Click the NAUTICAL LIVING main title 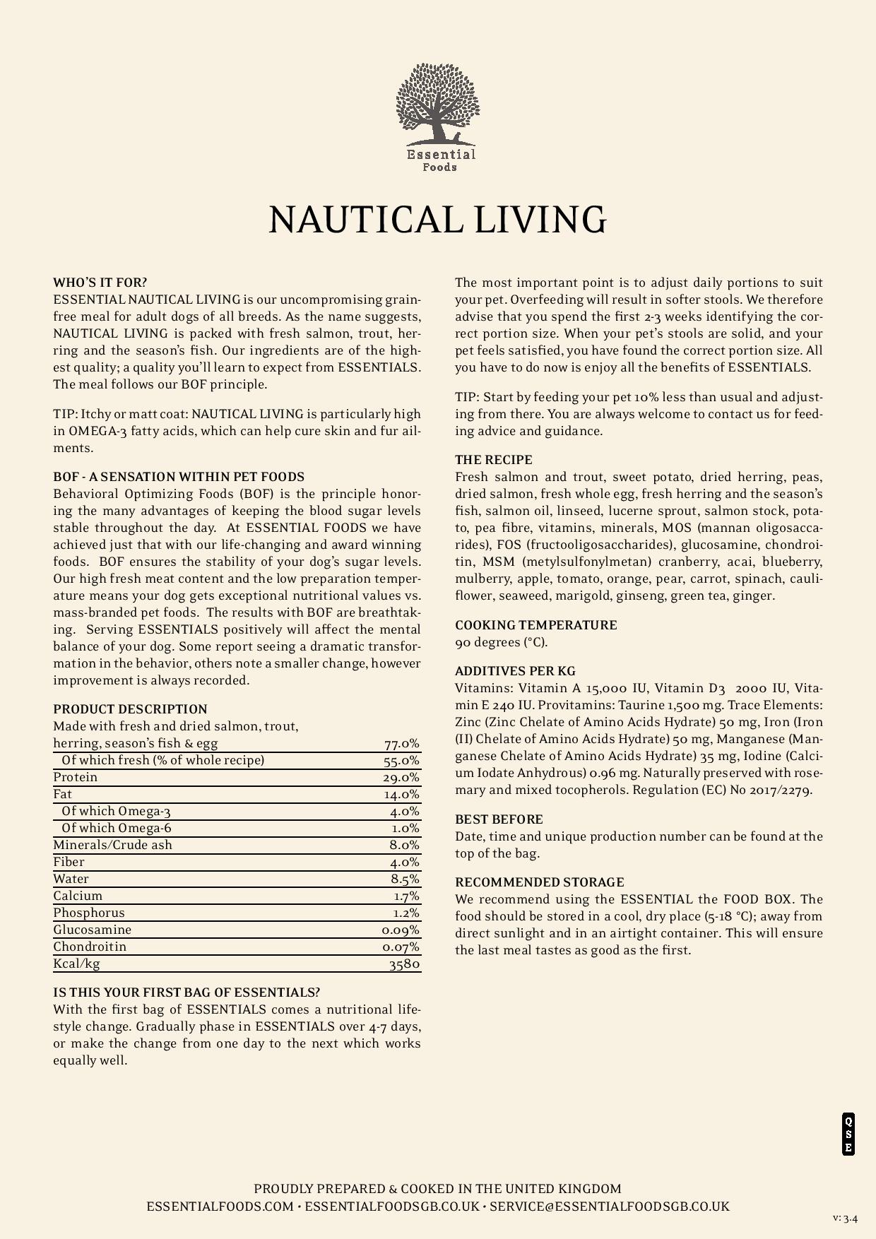pyautogui.click(x=438, y=220)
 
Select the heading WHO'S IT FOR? pyautogui.click(x=100, y=283)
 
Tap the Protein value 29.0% pyautogui.click(x=401, y=778)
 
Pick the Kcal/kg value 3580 pyautogui.click(x=405, y=964)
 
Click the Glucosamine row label pyautogui.click(x=93, y=930)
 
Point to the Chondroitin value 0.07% pyautogui.click(x=401, y=947)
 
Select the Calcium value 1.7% pyautogui.click(x=406, y=896)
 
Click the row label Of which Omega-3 pyautogui.click(x=117, y=811)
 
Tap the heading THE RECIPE pyautogui.click(x=494, y=460)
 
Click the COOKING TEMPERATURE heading pyautogui.click(x=536, y=625)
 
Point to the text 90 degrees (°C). pyautogui.click(x=502, y=642)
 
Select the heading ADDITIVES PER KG pyautogui.click(x=516, y=671)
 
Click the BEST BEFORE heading pyautogui.click(x=499, y=819)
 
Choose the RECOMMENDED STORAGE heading pyautogui.click(x=540, y=882)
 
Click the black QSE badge pyautogui.click(x=848, y=1134)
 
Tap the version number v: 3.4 pyautogui.click(x=845, y=1219)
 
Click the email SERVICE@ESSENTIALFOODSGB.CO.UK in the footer pyautogui.click(x=610, y=1207)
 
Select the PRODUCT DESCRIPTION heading pyautogui.click(x=131, y=709)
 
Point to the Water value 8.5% pyautogui.click(x=405, y=879)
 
